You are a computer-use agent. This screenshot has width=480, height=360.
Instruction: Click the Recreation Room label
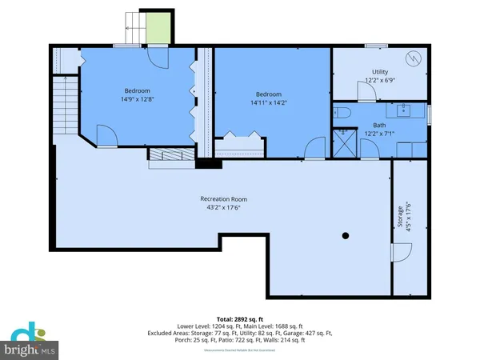(223, 198)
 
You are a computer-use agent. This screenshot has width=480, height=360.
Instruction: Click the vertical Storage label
(399, 222)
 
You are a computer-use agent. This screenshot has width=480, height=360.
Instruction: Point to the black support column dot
(346, 235)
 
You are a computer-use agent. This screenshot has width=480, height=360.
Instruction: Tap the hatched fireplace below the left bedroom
(167, 157)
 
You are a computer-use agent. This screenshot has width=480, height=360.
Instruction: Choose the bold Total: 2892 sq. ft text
(239, 318)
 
